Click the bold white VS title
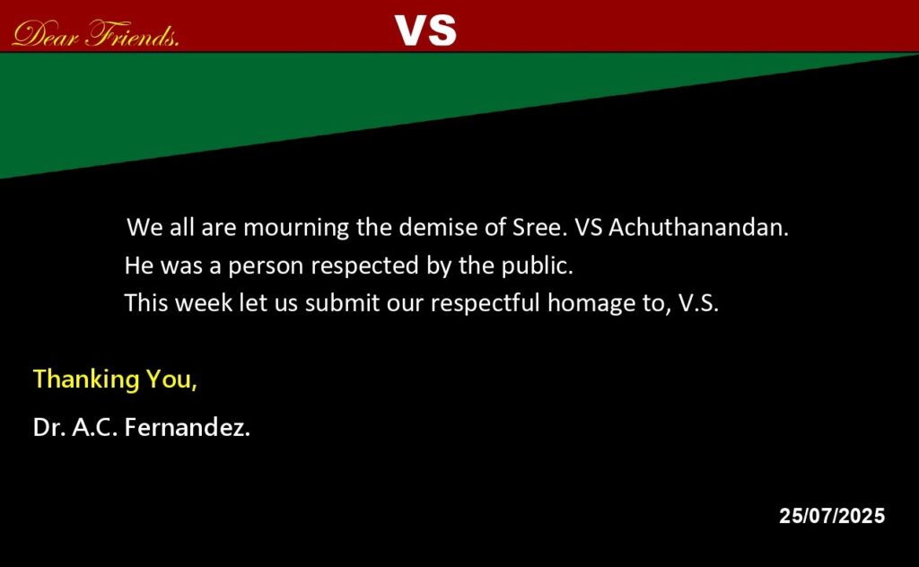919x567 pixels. coord(425,31)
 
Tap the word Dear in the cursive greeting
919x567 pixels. coord(45,34)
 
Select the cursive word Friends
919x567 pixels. coord(133,34)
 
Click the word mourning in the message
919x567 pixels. coord(296,227)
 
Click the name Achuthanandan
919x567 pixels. coord(698,227)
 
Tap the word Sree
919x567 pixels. coord(539,227)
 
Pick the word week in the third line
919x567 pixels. coord(204,303)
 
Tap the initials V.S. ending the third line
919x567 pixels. coord(698,303)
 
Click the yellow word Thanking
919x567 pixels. coord(86,379)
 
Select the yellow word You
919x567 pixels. coord(171,379)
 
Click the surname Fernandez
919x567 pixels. coord(187,427)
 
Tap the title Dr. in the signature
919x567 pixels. coord(49,428)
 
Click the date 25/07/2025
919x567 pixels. coord(832,516)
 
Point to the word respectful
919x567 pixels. coord(486,303)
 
